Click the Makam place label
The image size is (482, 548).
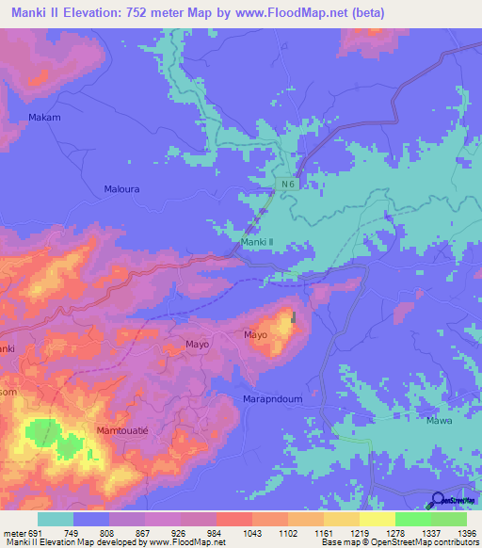tap(44, 117)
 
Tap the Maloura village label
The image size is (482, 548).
tap(121, 188)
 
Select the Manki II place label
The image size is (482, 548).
tap(257, 242)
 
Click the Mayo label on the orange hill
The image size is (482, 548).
tap(256, 334)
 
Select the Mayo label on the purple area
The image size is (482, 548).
tap(197, 344)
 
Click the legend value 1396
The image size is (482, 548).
tap(468, 533)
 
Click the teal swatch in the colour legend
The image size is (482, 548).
tap(56, 519)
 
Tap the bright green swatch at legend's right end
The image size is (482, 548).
tap(448, 519)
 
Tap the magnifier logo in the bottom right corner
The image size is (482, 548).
tap(439, 501)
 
